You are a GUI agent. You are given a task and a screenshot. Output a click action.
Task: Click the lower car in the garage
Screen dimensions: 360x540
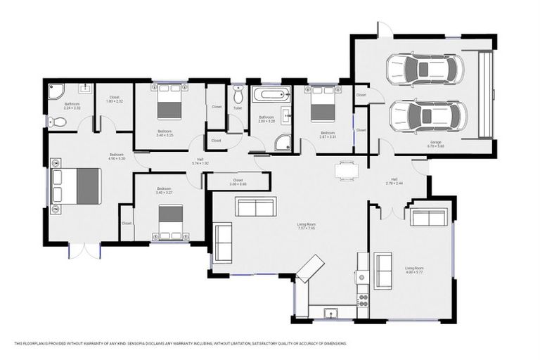427,115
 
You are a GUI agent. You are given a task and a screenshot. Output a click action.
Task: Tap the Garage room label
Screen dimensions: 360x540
436,145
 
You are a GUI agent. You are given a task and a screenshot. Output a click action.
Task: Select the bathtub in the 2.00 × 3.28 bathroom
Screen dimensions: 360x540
271,94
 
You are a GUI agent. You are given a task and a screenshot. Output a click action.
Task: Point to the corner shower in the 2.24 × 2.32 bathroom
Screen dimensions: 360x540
56,91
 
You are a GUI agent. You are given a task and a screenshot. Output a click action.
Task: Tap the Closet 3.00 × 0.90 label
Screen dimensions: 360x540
238,181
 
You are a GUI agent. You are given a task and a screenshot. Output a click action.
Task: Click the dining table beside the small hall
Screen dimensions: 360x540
346,169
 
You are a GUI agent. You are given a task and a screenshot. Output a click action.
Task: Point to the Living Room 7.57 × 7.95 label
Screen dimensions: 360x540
306,226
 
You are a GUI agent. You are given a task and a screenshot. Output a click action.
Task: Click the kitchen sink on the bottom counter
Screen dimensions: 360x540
330,311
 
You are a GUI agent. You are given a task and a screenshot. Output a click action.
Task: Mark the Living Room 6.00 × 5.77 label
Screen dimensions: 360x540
414,269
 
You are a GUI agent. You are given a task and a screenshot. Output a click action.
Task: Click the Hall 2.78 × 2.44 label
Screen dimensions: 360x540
394,181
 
